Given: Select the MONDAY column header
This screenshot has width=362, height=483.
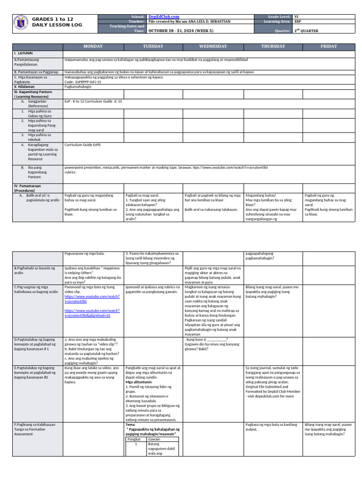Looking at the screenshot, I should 93,46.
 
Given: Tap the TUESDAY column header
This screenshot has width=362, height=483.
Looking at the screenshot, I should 153,46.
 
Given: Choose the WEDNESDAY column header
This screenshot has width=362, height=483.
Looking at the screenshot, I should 213,46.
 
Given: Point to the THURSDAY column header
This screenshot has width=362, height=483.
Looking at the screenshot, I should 273,46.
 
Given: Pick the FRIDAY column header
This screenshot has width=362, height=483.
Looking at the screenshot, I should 329,46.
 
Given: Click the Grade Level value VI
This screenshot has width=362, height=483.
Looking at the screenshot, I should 296,17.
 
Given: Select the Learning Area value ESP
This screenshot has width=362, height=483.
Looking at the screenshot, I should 297,21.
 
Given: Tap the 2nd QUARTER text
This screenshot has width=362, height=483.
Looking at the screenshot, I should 306,31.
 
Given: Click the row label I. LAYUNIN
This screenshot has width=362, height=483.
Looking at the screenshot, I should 23,54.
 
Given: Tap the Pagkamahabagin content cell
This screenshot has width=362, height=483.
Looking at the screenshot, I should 78,87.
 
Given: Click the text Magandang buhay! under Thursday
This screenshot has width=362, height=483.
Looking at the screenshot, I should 261,195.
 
